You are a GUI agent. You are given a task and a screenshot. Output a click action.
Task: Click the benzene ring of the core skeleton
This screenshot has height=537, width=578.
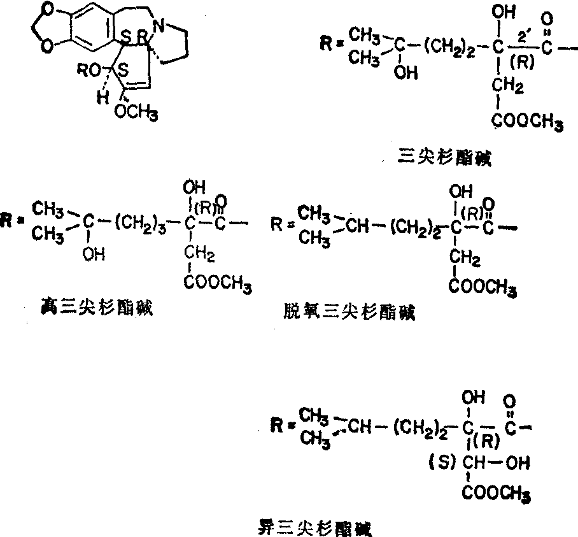click(x=82, y=28)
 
